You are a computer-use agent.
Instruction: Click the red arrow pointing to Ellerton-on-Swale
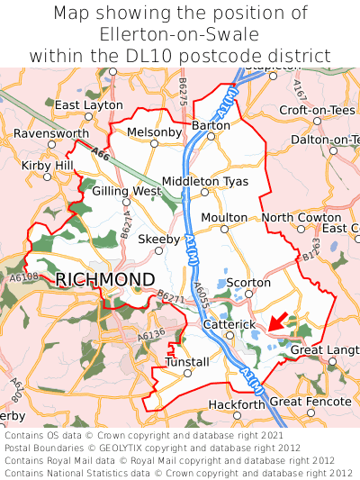(x=278, y=322)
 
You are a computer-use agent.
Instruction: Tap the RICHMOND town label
(x=105, y=279)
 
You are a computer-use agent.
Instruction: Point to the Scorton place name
(x=248, y=283)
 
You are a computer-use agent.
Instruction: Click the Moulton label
(x=224, y=218)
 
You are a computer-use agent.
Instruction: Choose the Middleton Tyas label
(x=204, y=181)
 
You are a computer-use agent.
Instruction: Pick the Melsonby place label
(x=155, y=132)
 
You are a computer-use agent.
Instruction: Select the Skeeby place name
(x=158, y=240)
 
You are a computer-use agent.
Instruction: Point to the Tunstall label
(x=187, y=362)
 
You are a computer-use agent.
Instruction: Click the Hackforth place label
(x=237, y=405)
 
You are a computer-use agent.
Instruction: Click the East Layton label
(x=88, y=105)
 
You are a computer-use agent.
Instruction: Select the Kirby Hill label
(x=48, y=166)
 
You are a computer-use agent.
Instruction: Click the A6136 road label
(x=153, y=335)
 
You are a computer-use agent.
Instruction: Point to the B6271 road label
(x=171, y=296)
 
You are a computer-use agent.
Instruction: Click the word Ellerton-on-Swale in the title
(x=180, y=35)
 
